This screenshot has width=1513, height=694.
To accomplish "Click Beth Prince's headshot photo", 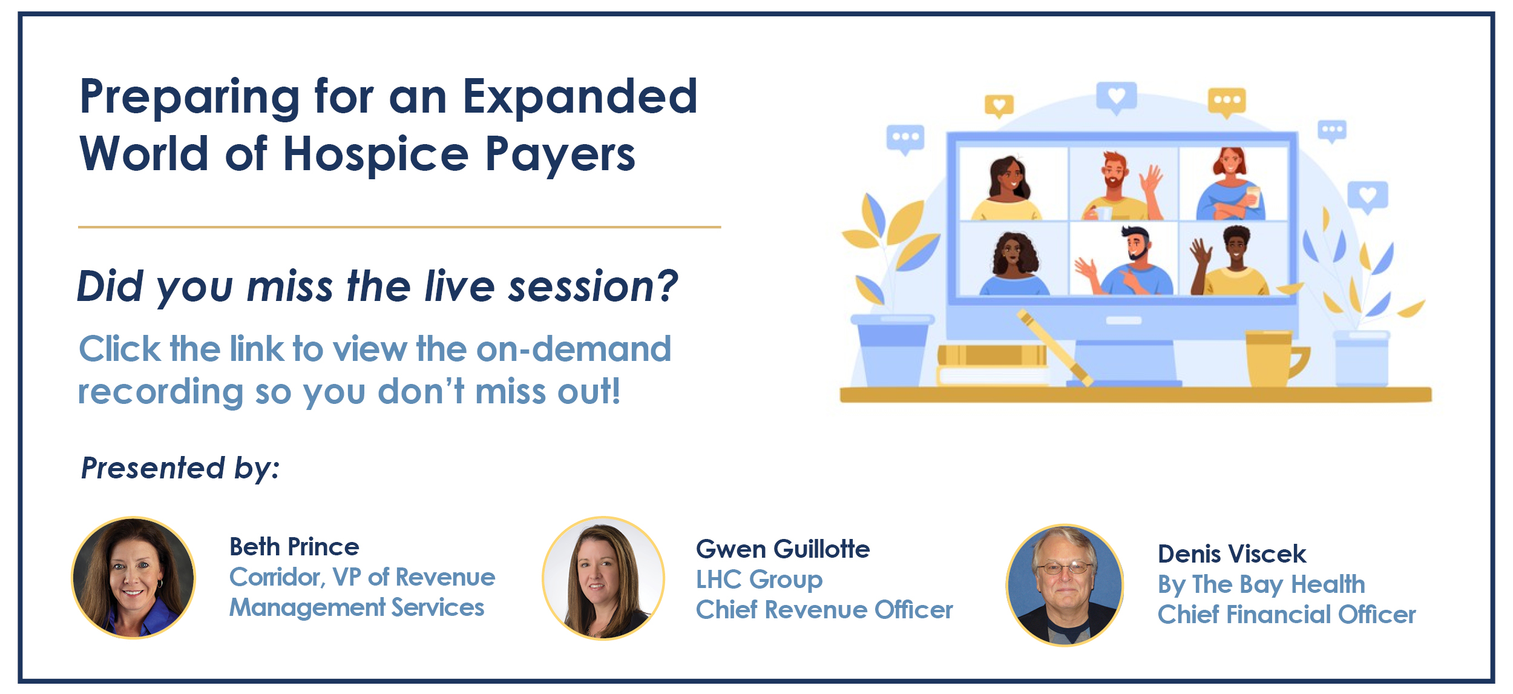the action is point(134,578).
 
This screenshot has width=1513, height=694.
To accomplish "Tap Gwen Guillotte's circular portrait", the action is point(603,578).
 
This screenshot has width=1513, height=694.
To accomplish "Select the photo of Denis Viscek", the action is point(1065,585).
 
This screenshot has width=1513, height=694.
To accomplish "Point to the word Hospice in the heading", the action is point(376,154).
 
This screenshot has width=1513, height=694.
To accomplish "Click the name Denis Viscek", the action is point(1232,554).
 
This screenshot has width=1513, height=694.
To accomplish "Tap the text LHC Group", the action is point(759,580).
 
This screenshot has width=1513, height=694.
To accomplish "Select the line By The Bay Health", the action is point(1261,584).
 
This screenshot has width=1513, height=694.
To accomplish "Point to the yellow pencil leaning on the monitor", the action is point(1054,348).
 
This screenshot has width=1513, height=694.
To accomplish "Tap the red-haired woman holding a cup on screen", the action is point(1231,183).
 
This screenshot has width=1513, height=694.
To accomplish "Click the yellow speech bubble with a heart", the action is point(999,106).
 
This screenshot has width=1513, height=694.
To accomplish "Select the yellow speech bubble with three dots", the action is point(1227,102).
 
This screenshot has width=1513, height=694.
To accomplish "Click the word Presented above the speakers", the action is point(153,468).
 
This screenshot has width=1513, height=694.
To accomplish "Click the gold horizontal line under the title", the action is point(399,227).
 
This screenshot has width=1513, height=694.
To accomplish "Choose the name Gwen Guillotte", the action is point(783,549).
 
